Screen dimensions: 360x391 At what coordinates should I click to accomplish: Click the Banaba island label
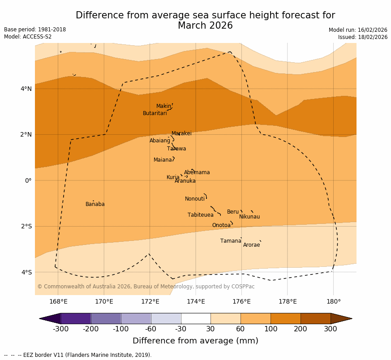pos(95,204)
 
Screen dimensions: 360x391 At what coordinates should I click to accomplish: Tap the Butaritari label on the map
pos(155,113)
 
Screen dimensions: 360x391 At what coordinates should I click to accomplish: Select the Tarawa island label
pos(176,149)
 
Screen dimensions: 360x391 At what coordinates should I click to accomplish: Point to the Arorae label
pos(251,245)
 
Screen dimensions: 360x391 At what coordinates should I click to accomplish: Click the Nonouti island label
pos(195,199)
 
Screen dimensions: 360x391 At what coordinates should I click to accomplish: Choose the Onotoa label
pos(221,225)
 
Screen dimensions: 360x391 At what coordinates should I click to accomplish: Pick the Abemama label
pos(197,172)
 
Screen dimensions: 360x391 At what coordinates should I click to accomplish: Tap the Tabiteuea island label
pos(201,215)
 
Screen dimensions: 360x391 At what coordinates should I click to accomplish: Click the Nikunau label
pos(249,217)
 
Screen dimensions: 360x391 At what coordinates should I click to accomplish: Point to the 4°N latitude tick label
pos(26,89)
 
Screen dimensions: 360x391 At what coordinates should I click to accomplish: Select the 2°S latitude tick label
pos(26,226)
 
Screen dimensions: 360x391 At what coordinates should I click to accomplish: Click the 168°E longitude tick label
pos(58,301)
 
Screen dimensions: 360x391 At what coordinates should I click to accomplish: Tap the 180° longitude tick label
pos(333,301)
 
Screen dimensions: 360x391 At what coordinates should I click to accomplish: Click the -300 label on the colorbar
pos(60,329)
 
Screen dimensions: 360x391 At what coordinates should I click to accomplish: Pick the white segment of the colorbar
pos(196,318)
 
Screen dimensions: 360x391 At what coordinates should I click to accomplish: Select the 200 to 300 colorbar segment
pos(315,318)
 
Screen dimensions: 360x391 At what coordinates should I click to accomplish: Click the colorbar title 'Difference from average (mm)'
pos(195,341)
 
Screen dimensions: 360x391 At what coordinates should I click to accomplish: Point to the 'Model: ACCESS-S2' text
pos(28,37)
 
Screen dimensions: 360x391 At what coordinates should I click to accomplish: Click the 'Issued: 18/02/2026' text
pos(363,37)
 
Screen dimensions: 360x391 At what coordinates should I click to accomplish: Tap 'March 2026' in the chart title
pos(205,26)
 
